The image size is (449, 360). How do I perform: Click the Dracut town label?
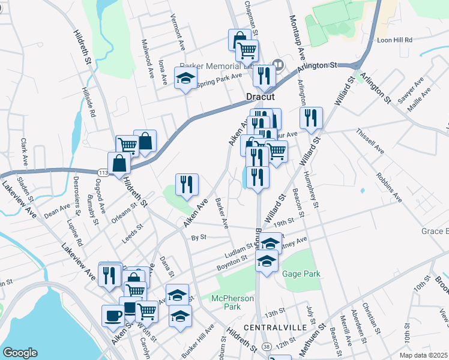click(x=260, y=97)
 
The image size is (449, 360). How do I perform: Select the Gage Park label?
click(x=301, y=274)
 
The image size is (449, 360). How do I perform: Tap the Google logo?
click(x=20, y=352)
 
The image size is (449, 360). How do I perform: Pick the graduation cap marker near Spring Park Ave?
click(x=185, y=78)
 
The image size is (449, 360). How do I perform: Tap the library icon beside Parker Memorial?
click(x=278, y=64)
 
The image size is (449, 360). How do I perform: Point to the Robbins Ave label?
click(x=389, y=187)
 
